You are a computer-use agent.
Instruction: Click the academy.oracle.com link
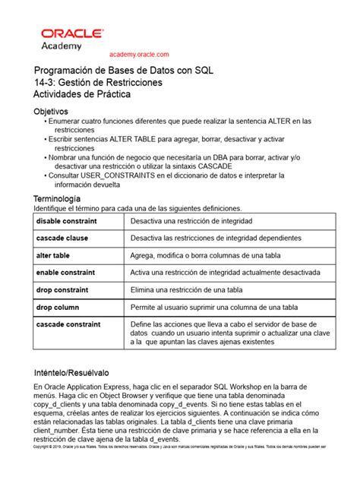coord(139,54)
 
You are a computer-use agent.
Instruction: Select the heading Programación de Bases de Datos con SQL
coord(124,70)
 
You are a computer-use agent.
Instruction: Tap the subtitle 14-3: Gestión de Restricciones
coord(97,82)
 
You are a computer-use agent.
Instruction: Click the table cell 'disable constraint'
coord(66,220)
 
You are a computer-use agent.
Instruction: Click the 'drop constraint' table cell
coord(62,289)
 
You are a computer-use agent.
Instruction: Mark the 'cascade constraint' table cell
coord(68,324)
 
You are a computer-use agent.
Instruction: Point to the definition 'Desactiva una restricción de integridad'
coord(191,220)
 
